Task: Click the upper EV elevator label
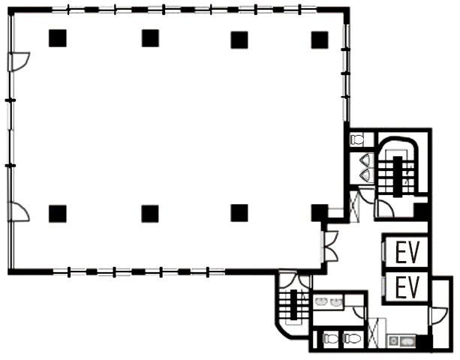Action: [x=407, y=252]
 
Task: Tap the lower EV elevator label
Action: [x=407, y=288]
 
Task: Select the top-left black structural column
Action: [x=58, y=38]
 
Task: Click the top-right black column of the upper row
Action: [x=320, y=40]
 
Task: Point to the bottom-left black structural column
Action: [x=58, y=214]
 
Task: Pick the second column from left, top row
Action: [x=150, y=38]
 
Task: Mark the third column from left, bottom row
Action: [x=239, y=213]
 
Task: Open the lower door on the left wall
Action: [x=20, y=211]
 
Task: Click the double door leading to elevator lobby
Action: [x=331, y=246]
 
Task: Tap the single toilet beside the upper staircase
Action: [x=357, y=139]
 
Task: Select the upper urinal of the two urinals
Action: [x=367, y=160]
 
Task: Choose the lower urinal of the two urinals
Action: [x=367, y=175]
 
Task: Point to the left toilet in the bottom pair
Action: [x=330, y=339]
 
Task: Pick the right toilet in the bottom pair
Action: [x=352, y=339]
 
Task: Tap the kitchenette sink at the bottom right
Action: [x=407, y=341]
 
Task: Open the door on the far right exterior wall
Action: [x=439, y=316]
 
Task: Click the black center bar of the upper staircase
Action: [x=398, y=177]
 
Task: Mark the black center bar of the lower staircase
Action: [x=293, y=305]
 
